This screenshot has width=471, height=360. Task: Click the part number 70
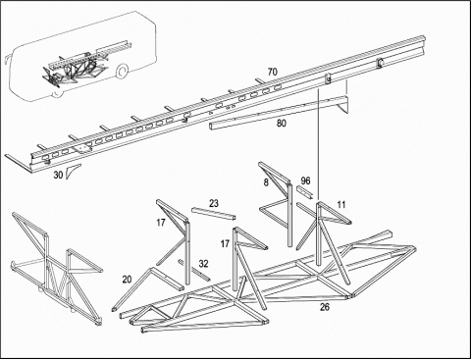[x=272, y=72]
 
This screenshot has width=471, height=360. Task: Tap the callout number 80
[x=282, y=124]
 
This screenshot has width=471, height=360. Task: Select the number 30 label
[x=58, y=175]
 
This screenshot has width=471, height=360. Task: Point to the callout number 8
[x=266, y=182]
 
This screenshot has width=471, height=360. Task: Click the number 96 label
[x=305, y=180]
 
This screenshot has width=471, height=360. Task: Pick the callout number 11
[x=341, y=205]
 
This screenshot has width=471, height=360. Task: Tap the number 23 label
[x=214, y=203]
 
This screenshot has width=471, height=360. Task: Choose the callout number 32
[x=203, y=264]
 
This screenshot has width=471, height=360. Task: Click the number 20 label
[x=127, y=280]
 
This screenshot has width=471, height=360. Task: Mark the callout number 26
[x=325, y=307]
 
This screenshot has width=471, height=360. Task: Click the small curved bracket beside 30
[x=71, y=172]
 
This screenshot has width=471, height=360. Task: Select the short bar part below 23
[x=214, y=215]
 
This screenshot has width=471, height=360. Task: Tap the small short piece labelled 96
[x=304, y=192]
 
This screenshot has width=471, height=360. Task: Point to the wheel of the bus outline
[x=122, y=72]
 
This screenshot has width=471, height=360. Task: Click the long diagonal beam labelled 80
[x=278, y=113]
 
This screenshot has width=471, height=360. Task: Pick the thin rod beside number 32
[x=193, y=270]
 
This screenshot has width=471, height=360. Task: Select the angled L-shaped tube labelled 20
[x=147, y=287]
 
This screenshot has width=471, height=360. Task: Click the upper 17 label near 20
[x=161, y=223]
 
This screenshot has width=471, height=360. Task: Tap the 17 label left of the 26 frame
[x=225, y=243]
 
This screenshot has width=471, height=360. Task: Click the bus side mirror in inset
[x=6, y=62]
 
